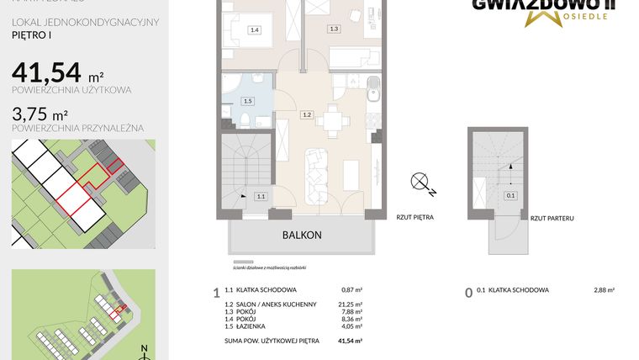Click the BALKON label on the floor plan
coord(302,236)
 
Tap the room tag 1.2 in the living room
coord(307,115)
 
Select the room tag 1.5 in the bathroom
coord(246,102)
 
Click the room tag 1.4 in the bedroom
coord(255,30)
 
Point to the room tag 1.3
coord(334,29)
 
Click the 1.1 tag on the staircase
coord(261,197)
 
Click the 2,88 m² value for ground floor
coord(604,290)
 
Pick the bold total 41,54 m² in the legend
coord(350,340)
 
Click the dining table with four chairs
coord(338,120)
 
